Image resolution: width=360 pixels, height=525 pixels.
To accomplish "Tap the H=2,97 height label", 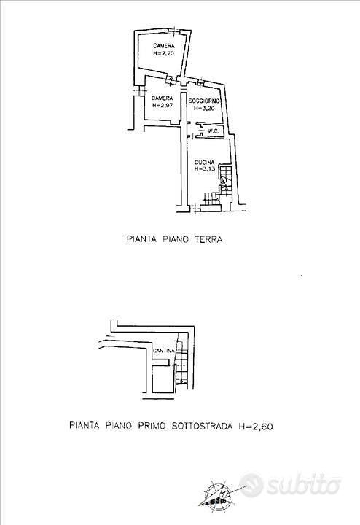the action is click(163, 105).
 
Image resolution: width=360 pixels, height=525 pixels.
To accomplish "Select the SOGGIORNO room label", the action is click(204, 101).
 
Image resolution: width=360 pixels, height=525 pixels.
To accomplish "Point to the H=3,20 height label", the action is click(204, 108).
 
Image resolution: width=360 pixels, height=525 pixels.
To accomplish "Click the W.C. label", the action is click(214, 131).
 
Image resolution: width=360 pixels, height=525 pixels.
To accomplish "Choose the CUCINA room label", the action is click(205, 163).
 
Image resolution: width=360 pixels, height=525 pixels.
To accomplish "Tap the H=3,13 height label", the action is click(205, 169).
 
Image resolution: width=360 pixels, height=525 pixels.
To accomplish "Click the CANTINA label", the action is click(164, 351).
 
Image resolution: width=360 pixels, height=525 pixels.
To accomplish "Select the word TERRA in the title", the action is click(209, 239).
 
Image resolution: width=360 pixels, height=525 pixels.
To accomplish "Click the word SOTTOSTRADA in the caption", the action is click(202, 427).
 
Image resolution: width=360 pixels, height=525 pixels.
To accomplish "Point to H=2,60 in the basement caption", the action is click(256, 427).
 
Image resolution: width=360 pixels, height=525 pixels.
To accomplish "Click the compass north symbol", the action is click(218, 495).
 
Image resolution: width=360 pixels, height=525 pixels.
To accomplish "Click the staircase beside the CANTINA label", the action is click(181, 362).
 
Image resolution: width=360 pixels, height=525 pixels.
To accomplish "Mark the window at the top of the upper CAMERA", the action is click(173, 32).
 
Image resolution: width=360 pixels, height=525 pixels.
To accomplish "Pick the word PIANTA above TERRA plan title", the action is click(141, 239).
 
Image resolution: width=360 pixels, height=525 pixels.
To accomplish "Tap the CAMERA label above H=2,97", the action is click(163, 98).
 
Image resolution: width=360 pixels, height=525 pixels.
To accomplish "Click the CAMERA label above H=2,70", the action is click(164, 46).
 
